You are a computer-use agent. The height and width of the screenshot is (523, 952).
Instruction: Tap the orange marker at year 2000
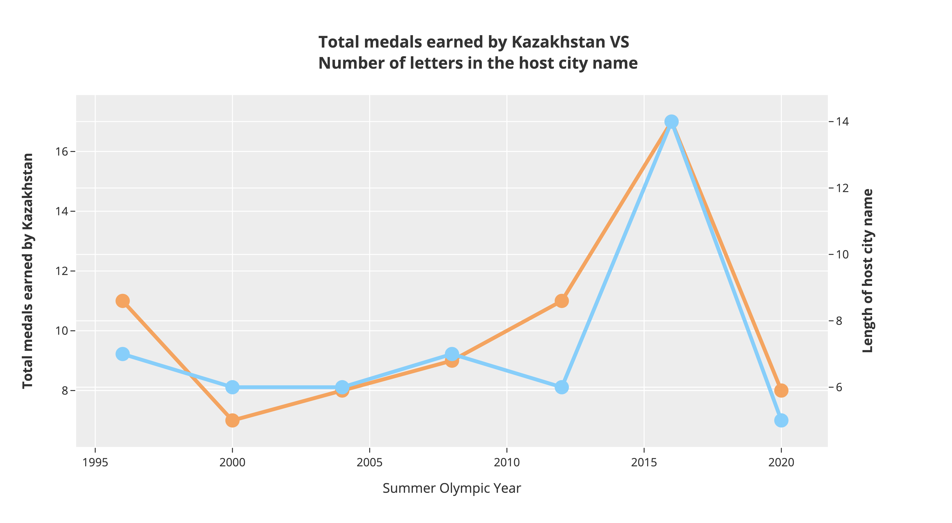232,420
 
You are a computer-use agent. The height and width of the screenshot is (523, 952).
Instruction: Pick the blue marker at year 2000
232,387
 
